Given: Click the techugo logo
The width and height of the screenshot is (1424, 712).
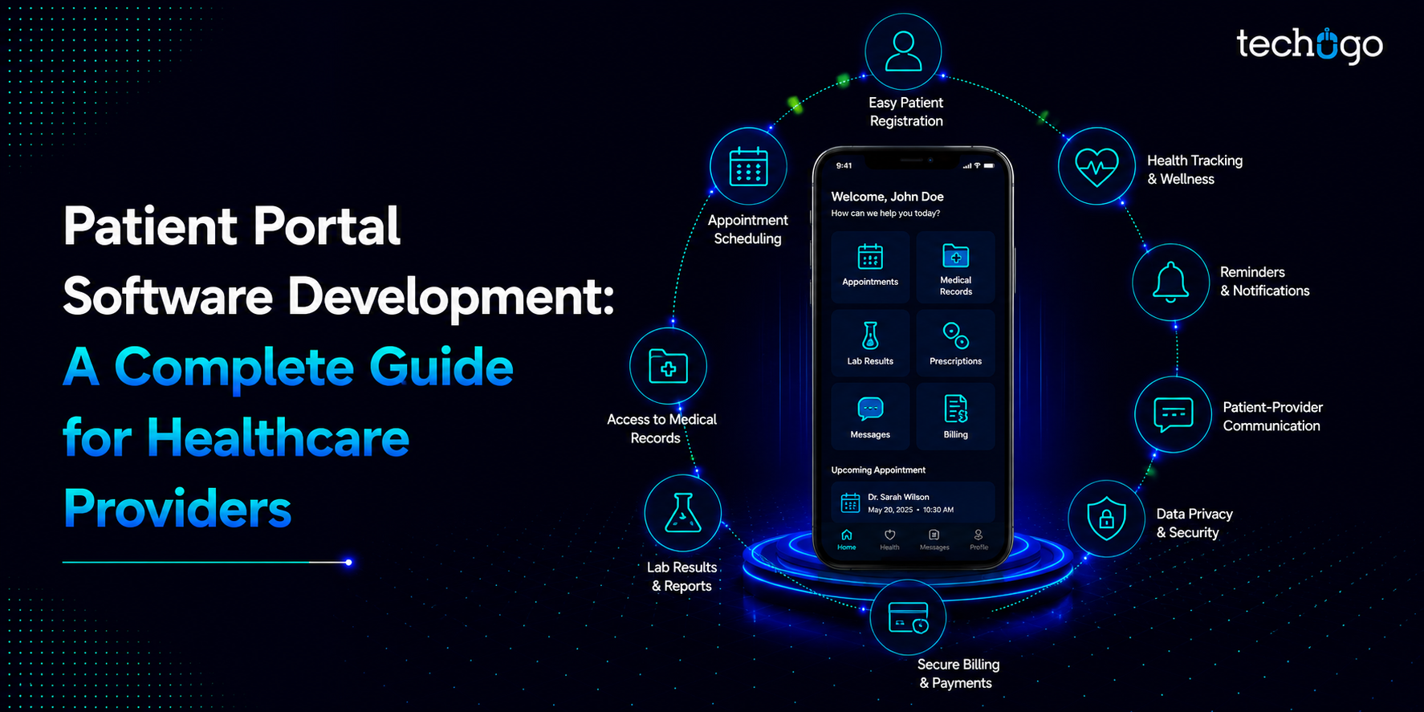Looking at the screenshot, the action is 1309,46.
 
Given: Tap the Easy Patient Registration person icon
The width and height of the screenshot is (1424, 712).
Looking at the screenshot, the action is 903,51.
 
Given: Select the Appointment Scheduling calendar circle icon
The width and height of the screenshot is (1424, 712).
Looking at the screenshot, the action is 748,166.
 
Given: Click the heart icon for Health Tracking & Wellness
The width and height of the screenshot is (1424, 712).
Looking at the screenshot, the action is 1096,167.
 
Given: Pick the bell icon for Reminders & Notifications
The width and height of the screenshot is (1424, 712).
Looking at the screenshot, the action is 1170,282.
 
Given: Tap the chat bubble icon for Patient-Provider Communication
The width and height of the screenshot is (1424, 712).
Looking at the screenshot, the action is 1173,415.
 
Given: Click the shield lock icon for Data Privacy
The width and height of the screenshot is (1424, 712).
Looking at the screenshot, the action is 1106,519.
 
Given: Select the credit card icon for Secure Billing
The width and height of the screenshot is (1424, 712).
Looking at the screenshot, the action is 908,617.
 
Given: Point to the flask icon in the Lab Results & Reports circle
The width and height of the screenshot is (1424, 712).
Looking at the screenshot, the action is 682,513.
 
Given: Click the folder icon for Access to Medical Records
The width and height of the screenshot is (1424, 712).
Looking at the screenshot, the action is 668,366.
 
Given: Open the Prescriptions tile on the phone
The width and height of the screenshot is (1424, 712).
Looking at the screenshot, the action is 955,344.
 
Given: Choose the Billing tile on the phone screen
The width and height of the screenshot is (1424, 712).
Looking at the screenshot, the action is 955,416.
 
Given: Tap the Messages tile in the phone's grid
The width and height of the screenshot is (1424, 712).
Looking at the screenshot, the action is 870,416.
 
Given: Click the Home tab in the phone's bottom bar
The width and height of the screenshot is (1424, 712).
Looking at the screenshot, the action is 847,539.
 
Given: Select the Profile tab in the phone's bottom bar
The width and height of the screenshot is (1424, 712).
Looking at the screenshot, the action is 978,539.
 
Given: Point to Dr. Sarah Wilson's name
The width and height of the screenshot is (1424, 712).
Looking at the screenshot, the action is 898,497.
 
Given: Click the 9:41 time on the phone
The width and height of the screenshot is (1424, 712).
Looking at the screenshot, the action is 844,166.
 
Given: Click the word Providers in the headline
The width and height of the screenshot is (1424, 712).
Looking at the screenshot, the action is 177,508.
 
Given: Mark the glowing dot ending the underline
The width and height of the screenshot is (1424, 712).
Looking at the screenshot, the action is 348,562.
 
